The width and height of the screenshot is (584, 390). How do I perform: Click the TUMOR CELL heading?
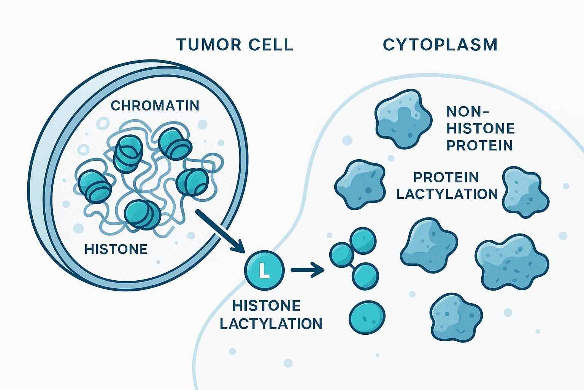coord(235,45)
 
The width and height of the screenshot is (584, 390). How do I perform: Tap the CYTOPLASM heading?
coord(440,45)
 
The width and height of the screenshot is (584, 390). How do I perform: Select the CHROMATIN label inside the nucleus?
coord(155,105)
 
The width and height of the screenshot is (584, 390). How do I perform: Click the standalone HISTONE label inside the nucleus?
coord(116,249)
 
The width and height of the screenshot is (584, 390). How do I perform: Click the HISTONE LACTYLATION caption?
coord(271,315)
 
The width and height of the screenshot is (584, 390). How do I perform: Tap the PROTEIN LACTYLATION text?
coord(447,185)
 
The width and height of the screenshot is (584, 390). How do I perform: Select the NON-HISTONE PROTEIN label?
coord(481,128)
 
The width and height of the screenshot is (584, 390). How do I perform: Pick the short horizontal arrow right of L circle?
coord(307,270)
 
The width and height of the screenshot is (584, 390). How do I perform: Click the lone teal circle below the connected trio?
coord(367,315)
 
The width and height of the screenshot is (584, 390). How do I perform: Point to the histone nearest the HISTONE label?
coord(143,214)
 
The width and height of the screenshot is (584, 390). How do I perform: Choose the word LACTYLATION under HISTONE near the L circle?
coord(271,324)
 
